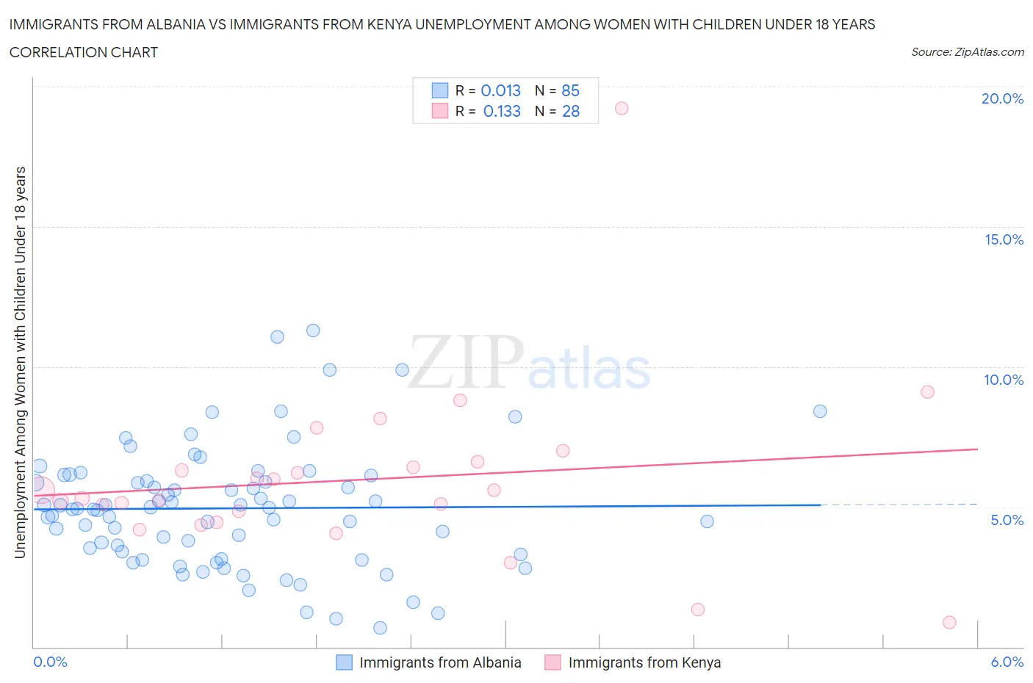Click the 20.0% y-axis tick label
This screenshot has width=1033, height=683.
[1002, 98]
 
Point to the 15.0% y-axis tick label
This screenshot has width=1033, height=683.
[1004, 239]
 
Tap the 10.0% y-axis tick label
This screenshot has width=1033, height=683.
[1004, 380]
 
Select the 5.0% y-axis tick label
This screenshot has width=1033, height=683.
[1007, 520]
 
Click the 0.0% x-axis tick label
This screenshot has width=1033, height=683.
[50, 662]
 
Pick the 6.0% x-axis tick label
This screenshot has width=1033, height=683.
[1007, 662]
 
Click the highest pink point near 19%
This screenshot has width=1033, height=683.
[622, 108]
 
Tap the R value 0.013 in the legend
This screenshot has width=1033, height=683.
[500, 90]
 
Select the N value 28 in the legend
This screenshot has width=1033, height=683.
[571, 111]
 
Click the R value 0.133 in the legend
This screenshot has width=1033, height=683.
[502, 111]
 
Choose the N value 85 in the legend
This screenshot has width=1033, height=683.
[571, 90]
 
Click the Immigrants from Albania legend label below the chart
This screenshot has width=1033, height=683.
[440, 662]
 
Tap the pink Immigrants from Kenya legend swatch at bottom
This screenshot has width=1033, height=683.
[553, 662]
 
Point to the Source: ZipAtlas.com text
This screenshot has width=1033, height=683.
[967, 52]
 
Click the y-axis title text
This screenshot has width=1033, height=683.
[21, 362]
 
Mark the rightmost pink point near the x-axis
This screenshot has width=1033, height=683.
[949, 622]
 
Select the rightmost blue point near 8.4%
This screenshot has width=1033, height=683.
[820, 411]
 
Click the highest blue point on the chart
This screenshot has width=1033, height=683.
[313, 330]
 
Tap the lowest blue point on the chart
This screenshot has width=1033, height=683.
[380, 628]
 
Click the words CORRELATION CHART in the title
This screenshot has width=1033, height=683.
[84, 52]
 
